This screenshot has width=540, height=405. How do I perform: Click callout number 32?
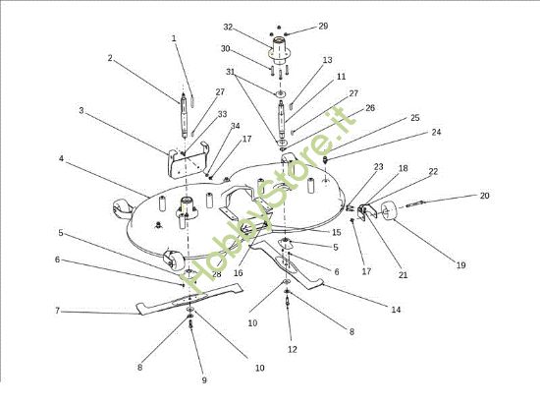[228, 27]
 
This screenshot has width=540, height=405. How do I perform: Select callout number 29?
[323, 27]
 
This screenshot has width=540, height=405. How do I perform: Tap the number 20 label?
[485, 196]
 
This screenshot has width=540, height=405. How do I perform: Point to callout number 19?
[460, 265]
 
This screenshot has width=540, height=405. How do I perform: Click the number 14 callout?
[396, 310]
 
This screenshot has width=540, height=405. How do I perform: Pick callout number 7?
[58, 311]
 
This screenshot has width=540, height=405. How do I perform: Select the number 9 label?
[204, 380]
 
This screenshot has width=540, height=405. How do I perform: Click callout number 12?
[292, 350]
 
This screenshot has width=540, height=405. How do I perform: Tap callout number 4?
[61, 159]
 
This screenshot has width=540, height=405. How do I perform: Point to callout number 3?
[81, 111]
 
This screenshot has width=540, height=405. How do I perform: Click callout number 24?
[436, 132]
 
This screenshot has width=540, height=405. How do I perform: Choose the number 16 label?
[238, 273]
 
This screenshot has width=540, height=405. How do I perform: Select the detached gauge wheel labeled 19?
[388, 210]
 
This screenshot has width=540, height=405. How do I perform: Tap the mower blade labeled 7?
[189, 299]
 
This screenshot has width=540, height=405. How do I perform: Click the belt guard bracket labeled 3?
[188, 159]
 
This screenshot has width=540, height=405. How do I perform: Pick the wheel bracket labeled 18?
[362, 211]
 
